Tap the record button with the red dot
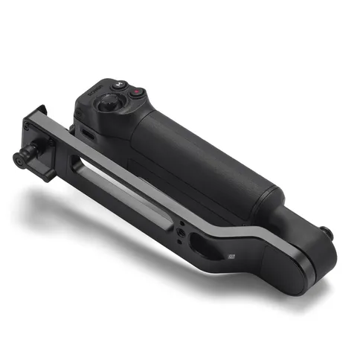[x=137, y=94]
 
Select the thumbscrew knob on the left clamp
[x=22, y=157]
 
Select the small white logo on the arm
[x=231, y=256]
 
